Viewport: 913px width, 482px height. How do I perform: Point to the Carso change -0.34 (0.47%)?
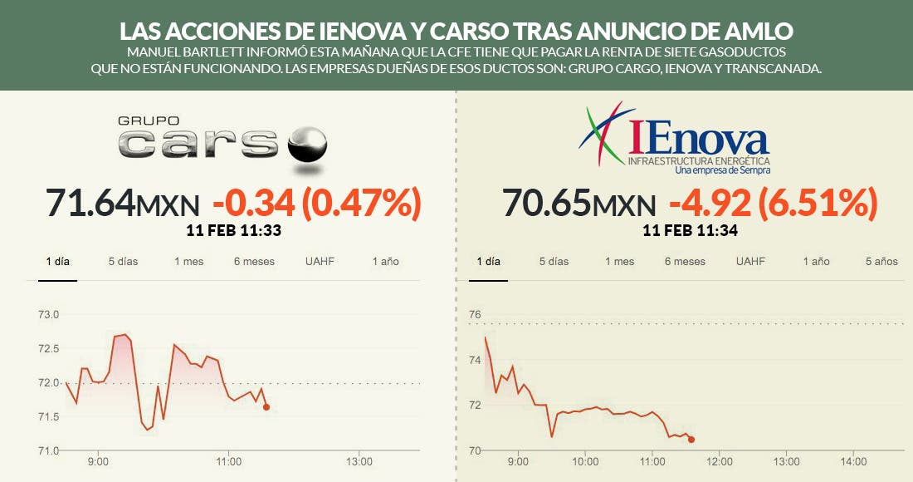[x=317, y=202]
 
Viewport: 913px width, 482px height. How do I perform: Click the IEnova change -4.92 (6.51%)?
[x=774, y=202]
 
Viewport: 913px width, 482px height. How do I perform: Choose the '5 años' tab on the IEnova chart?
[x=881, y=261]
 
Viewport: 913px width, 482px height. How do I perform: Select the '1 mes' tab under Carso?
[x=188, y=261]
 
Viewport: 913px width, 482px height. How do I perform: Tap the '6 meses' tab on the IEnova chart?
[x=685, y=261]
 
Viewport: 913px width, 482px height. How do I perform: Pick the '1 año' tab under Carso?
[x=385, y=261]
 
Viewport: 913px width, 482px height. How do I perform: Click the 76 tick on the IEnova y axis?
[x=475, y=314]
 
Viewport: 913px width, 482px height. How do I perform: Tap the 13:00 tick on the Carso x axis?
[x=359, y=461]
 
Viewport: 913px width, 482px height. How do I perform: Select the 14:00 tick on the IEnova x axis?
[x=853, y=461]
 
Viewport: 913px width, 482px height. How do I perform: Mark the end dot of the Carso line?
[x=266, y=407]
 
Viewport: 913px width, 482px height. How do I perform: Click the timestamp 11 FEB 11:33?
[x=234, y=230]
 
